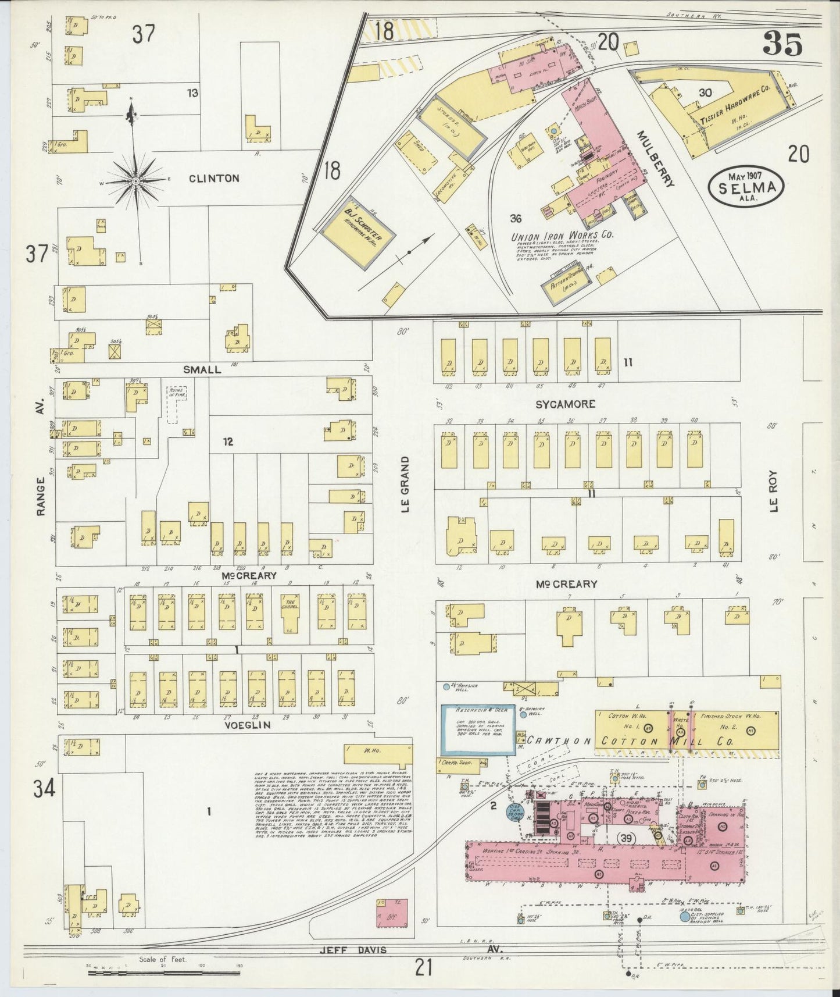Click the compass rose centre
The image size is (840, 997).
(135, 181)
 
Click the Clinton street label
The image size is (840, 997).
(214, 179)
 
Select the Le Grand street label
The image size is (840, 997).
(406, 484)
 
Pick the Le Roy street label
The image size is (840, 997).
(773, 491)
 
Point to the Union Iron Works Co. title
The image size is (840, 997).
(562, 236)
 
